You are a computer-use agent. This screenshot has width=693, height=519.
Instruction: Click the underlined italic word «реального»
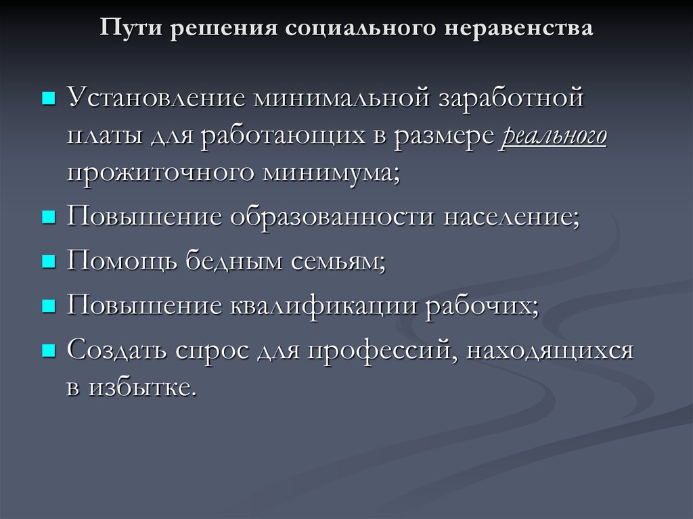tap(554, 135)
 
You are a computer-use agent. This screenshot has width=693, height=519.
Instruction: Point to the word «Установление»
tap(156, 97)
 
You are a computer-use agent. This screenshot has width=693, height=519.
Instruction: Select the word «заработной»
tap(511, 97)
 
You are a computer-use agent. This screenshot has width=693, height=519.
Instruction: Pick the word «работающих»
tap(284, 135)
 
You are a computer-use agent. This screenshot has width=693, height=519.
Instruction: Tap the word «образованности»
tap(332, 217)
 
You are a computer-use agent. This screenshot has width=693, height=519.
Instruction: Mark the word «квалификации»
tap(323, 306)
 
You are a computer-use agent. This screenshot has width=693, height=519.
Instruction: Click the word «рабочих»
tap(482, 306)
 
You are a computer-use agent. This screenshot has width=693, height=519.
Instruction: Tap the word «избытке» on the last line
tap(142, 388)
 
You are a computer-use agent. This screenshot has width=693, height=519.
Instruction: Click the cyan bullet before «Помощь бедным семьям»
tap(49, 262)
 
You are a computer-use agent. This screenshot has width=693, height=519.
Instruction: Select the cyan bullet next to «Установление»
tap(49, 98)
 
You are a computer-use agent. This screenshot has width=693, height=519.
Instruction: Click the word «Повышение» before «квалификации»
tap(144, 305)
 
